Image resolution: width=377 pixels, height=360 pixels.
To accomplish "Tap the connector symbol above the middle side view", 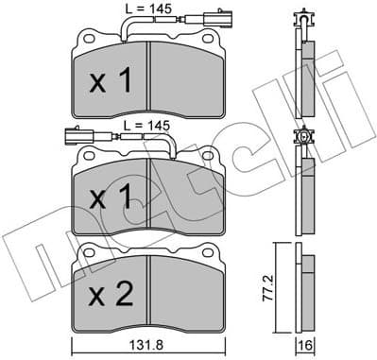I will [x=302, y=139].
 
